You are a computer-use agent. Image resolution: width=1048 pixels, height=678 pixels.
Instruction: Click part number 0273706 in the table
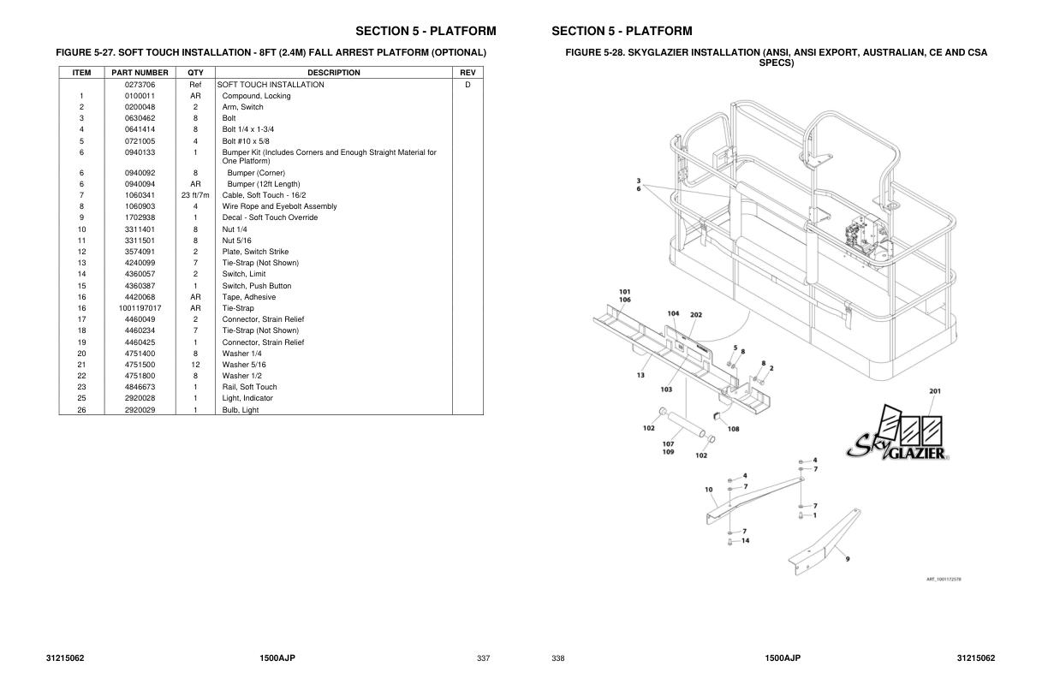pos(140,85)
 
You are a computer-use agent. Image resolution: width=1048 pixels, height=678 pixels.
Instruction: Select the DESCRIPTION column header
pos(334,73)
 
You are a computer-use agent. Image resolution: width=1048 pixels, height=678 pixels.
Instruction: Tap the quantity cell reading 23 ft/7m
pos(195,195)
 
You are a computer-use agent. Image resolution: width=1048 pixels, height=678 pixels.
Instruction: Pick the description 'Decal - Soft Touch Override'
pos(270,217)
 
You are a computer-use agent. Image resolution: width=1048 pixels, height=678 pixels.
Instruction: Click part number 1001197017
pos(140,308)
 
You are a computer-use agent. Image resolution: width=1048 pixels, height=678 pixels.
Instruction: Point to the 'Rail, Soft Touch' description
pos(250,387)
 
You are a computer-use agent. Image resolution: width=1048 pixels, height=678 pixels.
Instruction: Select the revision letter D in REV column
pos(467,85)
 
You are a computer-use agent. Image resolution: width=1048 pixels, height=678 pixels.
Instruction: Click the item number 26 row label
pos(81,410)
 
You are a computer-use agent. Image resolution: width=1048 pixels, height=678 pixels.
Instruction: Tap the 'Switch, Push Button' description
pos(257,286)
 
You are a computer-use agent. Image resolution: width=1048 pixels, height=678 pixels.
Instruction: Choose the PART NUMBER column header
pos(140,73)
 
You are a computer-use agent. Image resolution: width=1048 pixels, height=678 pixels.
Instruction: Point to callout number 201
pos(935,391)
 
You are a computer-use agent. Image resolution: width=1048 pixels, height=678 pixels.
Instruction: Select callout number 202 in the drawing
pos(696,315)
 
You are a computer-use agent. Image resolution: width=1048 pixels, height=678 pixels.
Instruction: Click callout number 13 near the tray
pos(640,374)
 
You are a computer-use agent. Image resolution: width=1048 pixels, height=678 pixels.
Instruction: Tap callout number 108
pos(734,429)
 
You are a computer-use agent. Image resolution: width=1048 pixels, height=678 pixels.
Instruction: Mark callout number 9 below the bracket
pos(847,559)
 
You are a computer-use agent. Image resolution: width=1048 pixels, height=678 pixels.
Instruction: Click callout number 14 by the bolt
pos(745,540)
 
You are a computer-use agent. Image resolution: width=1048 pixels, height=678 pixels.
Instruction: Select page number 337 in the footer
pos(483,658)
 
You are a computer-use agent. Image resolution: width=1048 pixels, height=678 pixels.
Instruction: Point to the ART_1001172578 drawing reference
pos(943,580)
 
